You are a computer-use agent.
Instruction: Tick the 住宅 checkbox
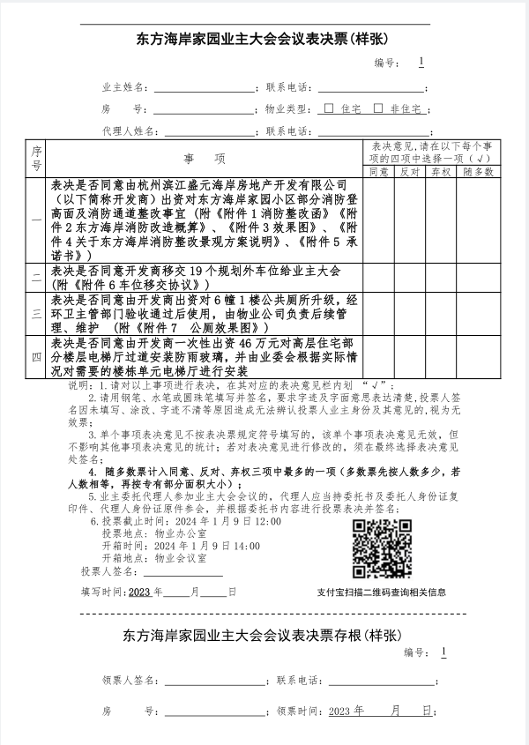pyautogui.click(x=329, y=108)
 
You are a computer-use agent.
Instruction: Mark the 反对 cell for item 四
pyautogui.click(x=409, y=356)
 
